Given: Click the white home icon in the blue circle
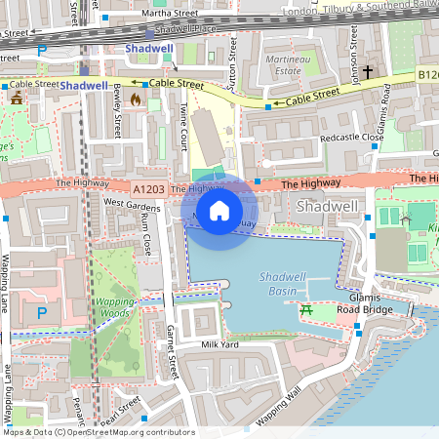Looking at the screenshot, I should [219, 210].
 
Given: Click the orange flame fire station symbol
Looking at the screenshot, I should [136, 99].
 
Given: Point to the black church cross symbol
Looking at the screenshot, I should [369, 72].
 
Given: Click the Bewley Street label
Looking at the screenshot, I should [116, 100].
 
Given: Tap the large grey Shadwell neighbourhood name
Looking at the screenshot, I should [328, 207].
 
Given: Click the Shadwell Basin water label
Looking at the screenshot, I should [285, 284].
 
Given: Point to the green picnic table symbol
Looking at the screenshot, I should [305, 310].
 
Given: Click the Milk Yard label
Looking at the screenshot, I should [220, 345].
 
